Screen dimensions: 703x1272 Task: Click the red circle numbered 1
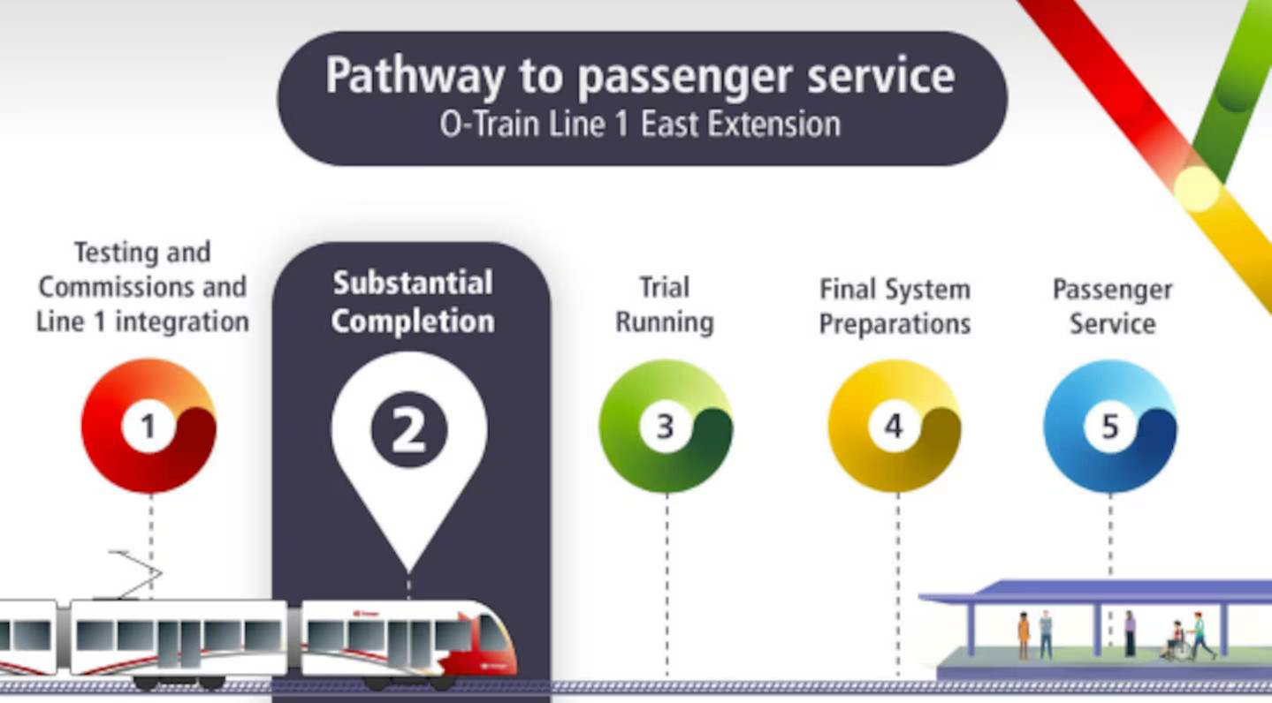pyautogui.click(x=149, y=426)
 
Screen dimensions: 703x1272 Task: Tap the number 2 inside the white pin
pyautogui.click(x=408, y=429)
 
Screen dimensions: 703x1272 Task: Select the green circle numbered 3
pyautogui.click(x=665, y=426)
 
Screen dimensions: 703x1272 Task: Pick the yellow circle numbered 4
pyautogui.click(x=894, y=426)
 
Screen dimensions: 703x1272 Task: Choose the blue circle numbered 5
pyautogui.click(x=1109, y=426)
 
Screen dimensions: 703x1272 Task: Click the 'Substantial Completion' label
pyautogui.click(x=413, y=302)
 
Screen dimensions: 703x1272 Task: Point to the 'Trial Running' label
pyautogui.click(x=665, y=305)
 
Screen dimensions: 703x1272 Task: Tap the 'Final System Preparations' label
pyautogui.click(x=895, y=306)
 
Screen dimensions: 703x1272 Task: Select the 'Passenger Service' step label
pyautogui.click(x=1112, y=306)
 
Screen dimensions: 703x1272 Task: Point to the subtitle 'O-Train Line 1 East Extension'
pyautogui.click(x=640, y=125)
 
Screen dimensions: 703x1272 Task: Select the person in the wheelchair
pyautogui.click(x=1175, y=641)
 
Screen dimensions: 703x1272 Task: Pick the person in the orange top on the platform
pyautogui.click(x=1024, y=634)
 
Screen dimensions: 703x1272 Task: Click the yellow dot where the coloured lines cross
pyautogui.click(x=1196, y=188)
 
